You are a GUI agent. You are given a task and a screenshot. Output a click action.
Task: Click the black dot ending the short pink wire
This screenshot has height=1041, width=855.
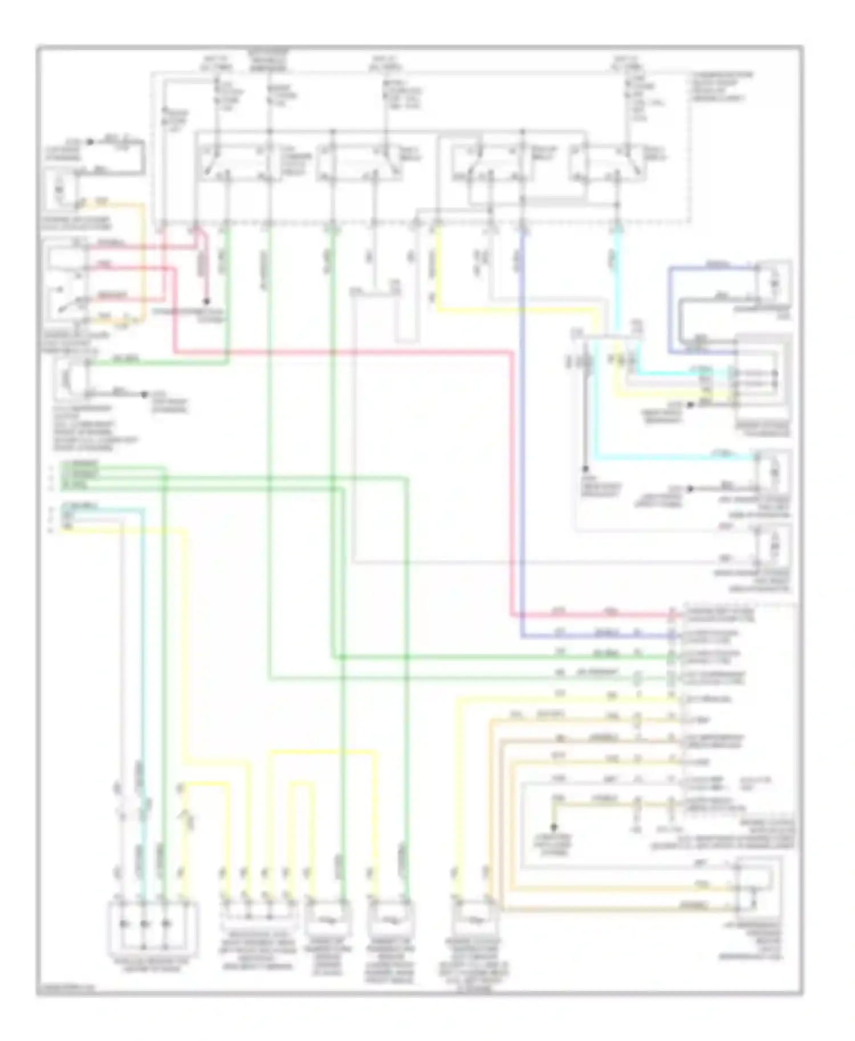coord(207,301)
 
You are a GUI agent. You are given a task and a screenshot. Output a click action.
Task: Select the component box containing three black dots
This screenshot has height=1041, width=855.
coord(153,923)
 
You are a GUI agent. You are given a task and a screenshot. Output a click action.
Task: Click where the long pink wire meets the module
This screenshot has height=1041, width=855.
coord(673,616)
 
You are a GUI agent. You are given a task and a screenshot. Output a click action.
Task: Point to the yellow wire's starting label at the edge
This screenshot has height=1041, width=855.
coord(67,529)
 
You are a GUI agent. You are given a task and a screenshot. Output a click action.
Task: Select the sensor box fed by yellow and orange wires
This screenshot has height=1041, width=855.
coord(474,921)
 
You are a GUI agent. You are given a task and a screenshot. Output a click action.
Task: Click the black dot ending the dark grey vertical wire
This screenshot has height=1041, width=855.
coord(585,469)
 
